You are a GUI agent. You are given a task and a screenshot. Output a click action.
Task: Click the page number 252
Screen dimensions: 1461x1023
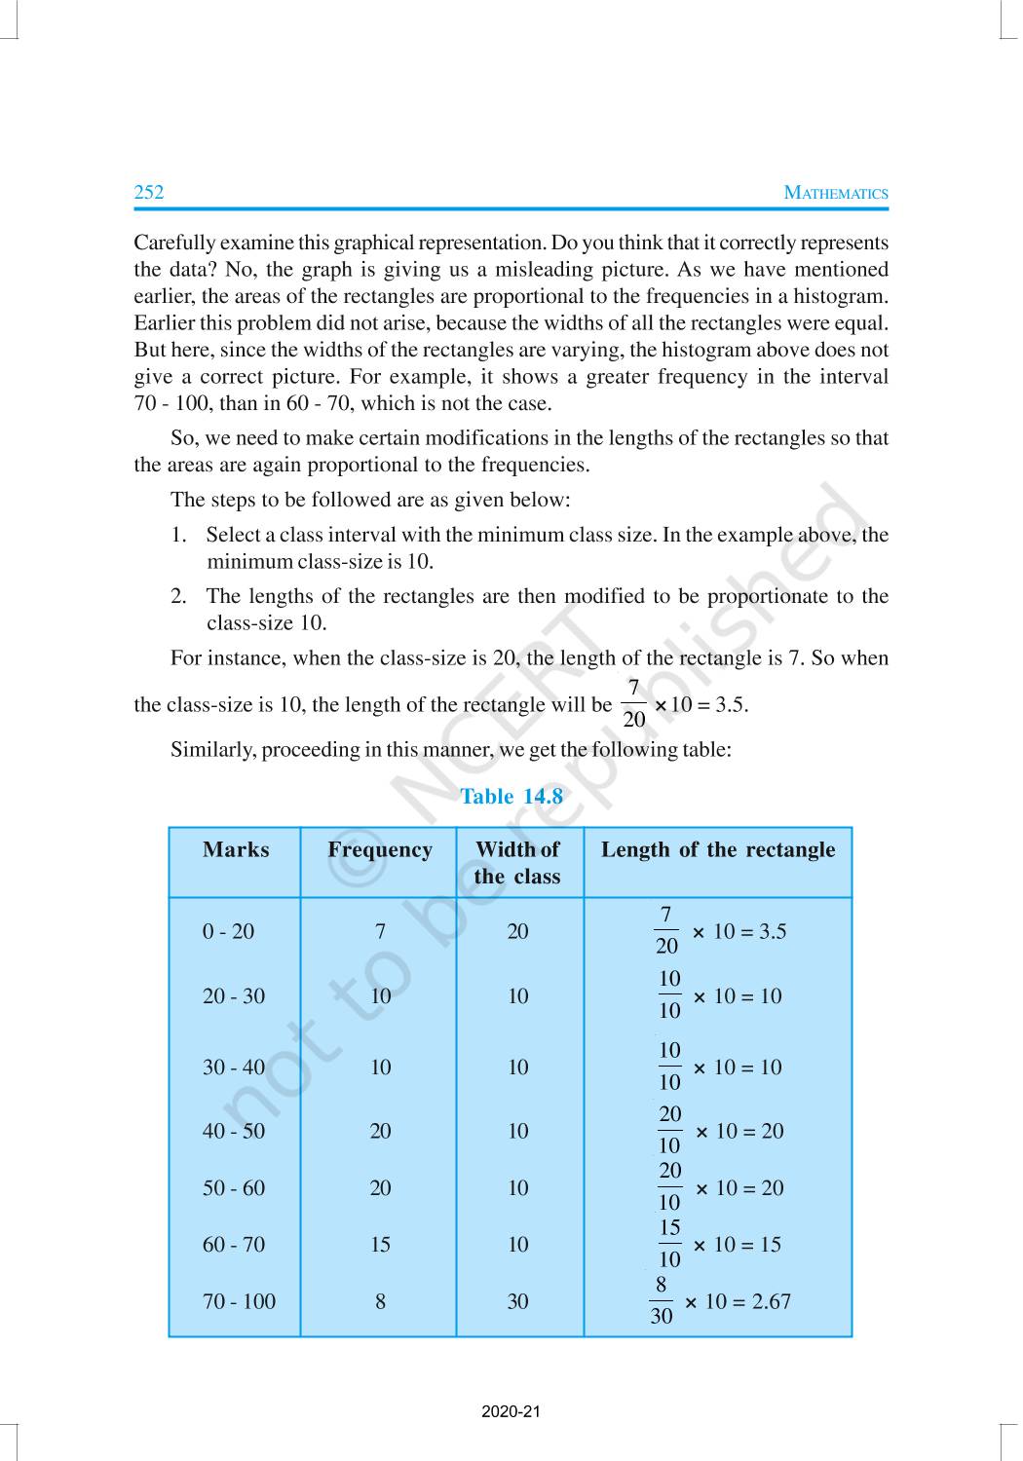pos(149,192)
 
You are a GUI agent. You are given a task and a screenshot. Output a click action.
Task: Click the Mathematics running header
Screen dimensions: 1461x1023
pos(836,193)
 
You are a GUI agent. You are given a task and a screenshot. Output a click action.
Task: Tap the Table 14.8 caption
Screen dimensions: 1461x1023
pos(511,796)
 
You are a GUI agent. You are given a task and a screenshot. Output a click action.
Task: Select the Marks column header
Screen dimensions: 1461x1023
pos(236,849)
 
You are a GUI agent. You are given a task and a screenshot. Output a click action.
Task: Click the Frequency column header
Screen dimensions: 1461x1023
pos(380,849)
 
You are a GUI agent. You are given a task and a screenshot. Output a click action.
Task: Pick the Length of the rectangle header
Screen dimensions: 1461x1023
pos(718,849)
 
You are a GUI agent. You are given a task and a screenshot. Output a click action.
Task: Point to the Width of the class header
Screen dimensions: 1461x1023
pos(517,863)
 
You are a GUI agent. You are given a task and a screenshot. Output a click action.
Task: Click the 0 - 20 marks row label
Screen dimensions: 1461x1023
pos(228,931)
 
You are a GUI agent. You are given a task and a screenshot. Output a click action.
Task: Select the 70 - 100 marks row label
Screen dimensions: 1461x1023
pos(239,1301)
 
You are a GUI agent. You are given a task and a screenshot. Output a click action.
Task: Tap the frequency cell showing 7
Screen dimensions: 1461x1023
pos(380,931)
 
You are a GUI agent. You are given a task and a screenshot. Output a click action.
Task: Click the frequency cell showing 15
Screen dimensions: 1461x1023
pos(380,1245)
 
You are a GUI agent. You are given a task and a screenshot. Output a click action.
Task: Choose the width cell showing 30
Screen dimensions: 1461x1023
pos(517,1301)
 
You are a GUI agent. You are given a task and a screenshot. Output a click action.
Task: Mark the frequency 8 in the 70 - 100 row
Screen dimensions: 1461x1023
pos(380,1301)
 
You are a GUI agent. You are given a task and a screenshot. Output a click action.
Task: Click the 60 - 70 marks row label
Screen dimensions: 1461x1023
pos(233,1245)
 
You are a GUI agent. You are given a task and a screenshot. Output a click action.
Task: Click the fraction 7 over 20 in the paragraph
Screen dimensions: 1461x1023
pos(633,704)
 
